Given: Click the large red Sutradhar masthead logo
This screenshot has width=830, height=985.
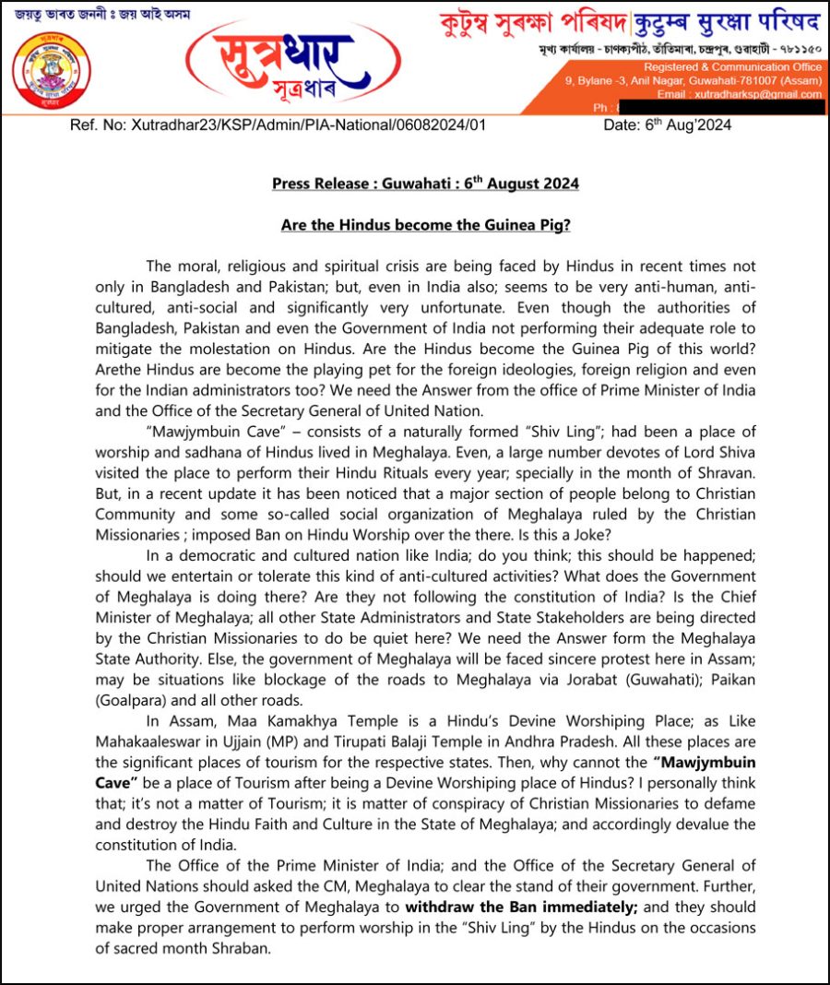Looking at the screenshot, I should (x=292, y=60).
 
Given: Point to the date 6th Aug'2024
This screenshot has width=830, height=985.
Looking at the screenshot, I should (x=668, y=125).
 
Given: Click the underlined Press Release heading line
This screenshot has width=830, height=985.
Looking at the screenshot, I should (x=425, y=184).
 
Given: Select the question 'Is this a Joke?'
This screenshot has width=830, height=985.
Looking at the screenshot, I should (x=565, y=534).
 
